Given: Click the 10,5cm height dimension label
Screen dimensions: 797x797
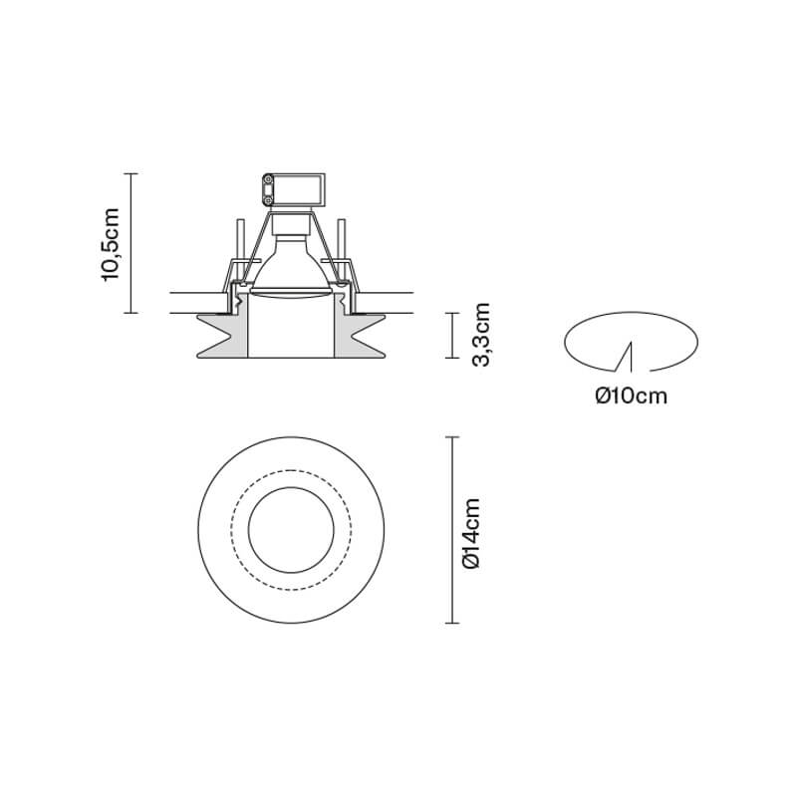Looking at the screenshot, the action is [111, 244].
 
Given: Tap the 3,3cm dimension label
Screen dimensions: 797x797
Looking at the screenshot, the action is [481, 335].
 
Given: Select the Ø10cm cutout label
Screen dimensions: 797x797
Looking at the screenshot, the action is [632, 396].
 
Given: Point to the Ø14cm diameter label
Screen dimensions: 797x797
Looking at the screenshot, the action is [471, 533].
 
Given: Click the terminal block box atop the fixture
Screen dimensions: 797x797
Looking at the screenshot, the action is [293, 190].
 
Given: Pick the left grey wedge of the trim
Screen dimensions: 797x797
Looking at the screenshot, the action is [222, 336].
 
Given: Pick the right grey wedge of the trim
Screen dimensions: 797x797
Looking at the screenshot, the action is [360, 336].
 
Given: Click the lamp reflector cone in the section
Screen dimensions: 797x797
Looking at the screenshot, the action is [291, 267].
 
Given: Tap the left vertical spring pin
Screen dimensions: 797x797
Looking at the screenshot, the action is [240, 240].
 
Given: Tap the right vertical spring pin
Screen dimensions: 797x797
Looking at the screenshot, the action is [342, 240].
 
